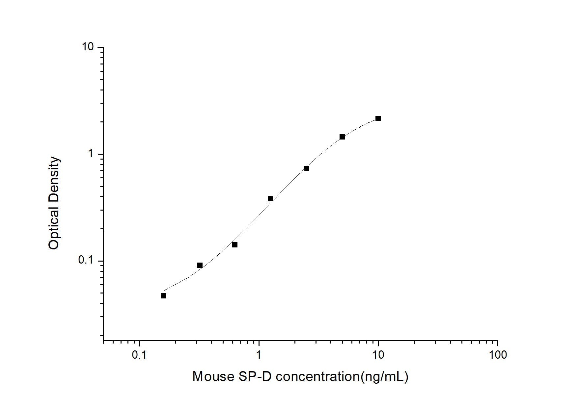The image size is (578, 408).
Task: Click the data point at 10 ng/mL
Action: coord(378,118)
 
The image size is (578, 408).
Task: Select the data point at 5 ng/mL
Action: coord(342,137)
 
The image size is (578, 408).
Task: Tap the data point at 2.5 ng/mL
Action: coord(306,168)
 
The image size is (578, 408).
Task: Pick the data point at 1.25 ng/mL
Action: coord(270,198)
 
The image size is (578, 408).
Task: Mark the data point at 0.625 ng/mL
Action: coord(235,245)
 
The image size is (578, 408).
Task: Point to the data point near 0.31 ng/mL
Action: coord(200,265)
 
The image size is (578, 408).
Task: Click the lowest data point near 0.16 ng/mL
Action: coord(164,296)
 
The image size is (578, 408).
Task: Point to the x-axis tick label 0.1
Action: coord(139,355)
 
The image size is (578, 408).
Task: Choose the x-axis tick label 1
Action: coord(259,355)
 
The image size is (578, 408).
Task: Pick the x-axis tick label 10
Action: coord(378,355)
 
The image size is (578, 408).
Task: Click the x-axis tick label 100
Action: coord(498,355)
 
